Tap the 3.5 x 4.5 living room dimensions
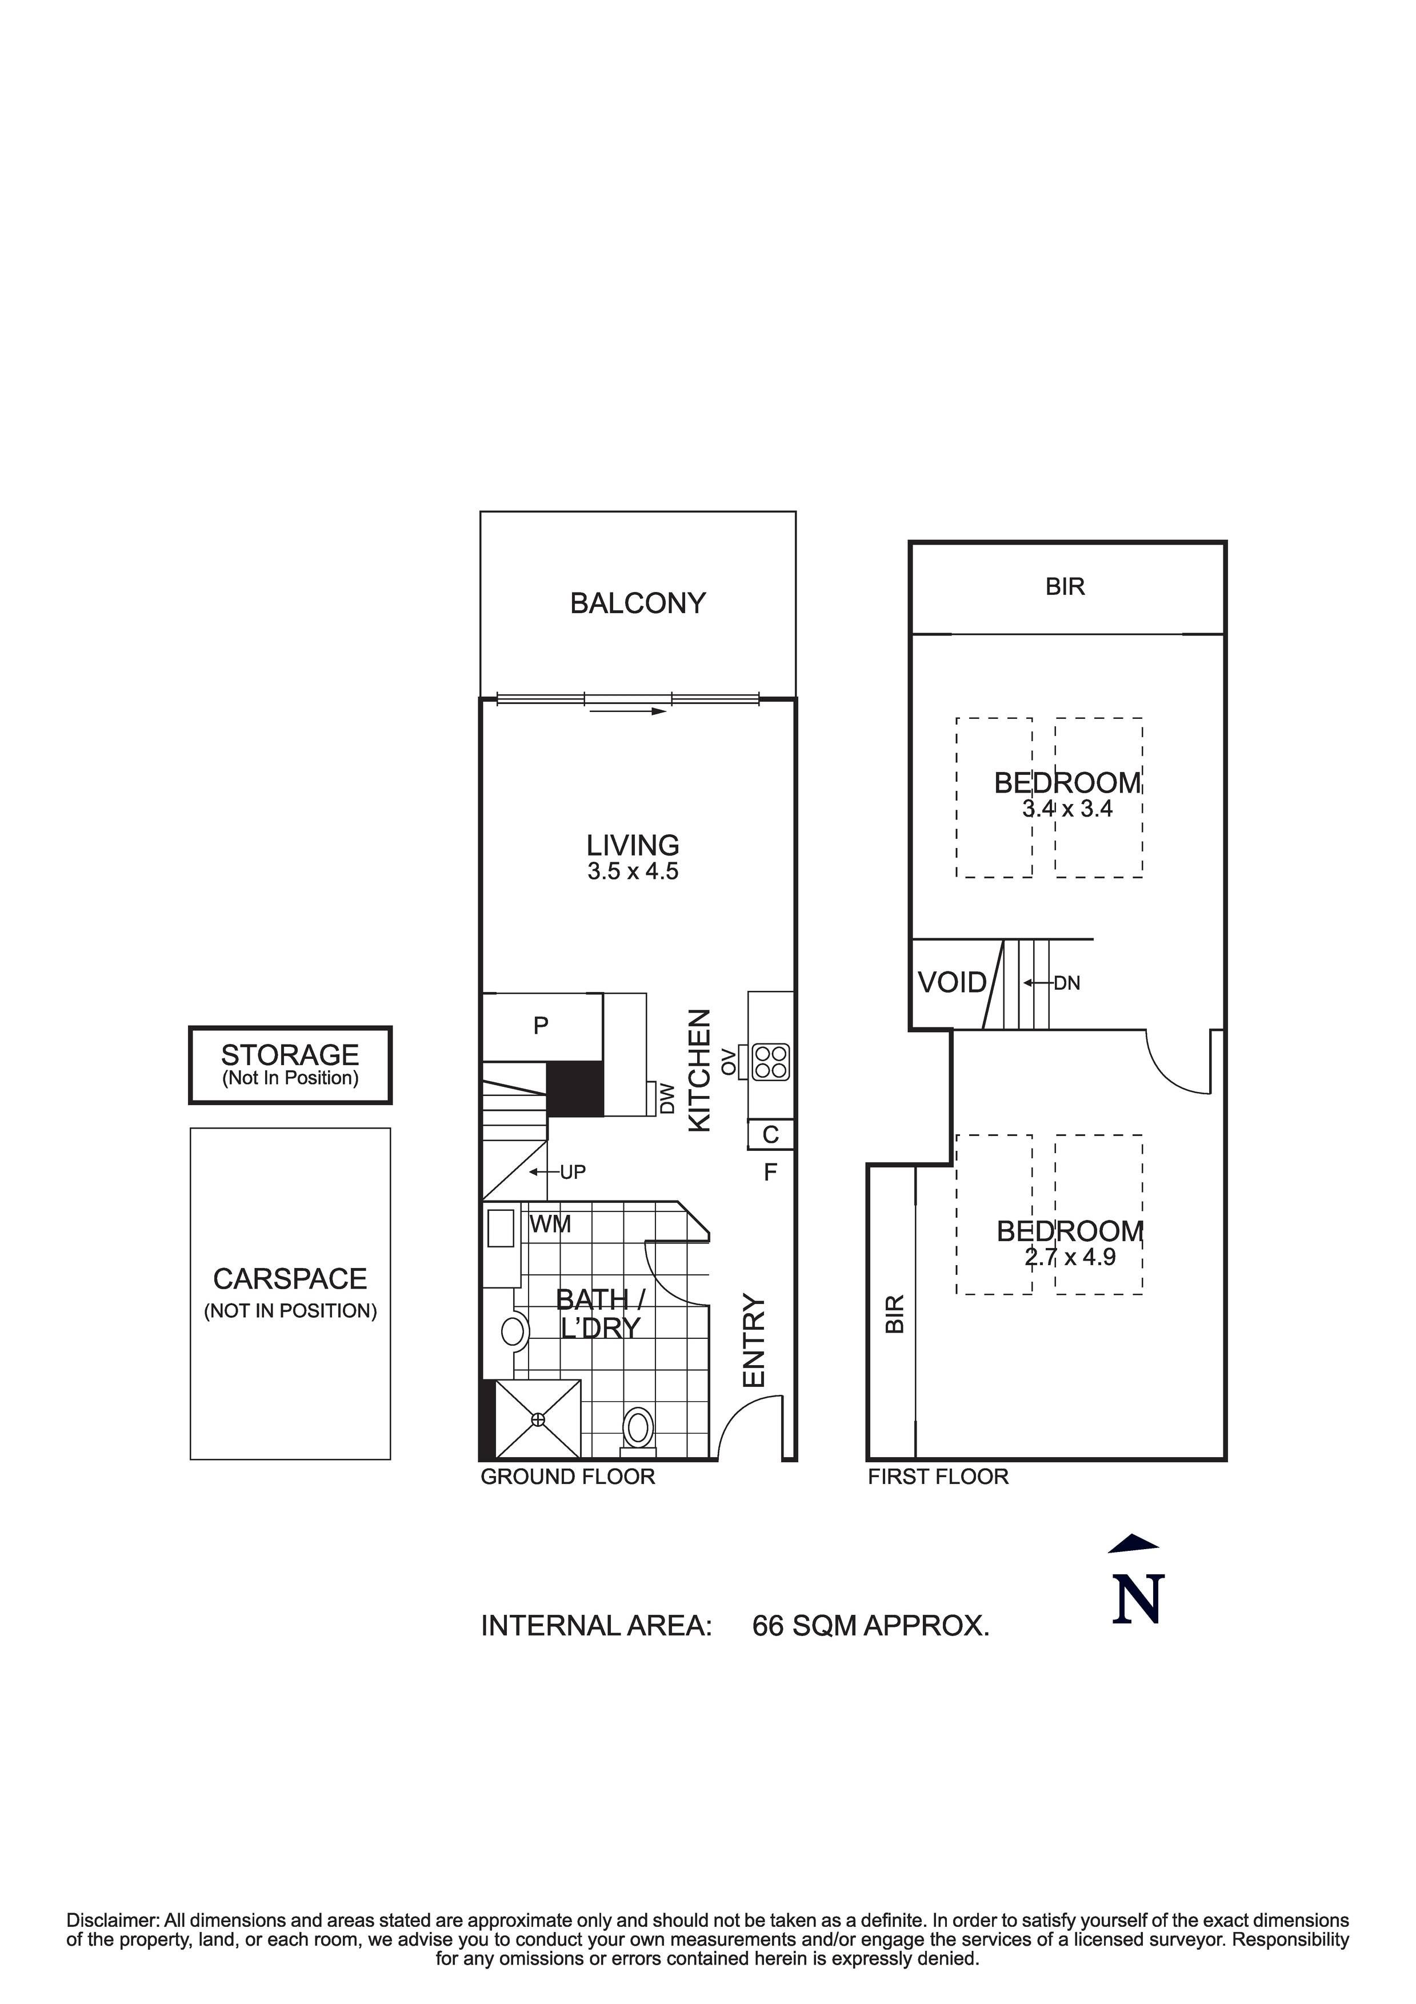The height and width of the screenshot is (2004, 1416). (x=633, y=871)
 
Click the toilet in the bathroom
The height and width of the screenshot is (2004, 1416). (x=638, y=1429)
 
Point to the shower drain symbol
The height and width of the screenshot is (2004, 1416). (x=538, y=1420)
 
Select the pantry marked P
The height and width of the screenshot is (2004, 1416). (x=541, y=1026)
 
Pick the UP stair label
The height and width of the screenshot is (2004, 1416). (x=573, y=1172)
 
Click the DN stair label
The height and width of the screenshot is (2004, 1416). (x=1067, y=983)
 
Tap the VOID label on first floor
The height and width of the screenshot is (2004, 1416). (x=951, y=983)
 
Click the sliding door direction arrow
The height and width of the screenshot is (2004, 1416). (x=627, y=711)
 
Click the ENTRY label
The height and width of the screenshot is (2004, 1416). (x=753, y=1341)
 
